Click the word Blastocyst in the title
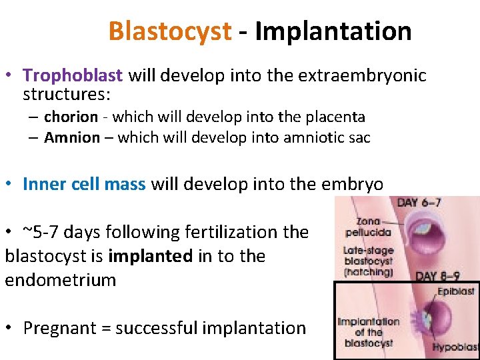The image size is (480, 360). tap(169, 31)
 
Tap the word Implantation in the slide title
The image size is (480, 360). tap(333, 31)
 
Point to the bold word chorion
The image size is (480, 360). tap(71, 117)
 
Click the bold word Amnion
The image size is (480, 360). tap(71, 138)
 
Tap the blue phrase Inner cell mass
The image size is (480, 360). tap(84, 184)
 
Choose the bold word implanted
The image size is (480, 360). tap(149, 256)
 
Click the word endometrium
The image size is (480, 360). tap(60, 279)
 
